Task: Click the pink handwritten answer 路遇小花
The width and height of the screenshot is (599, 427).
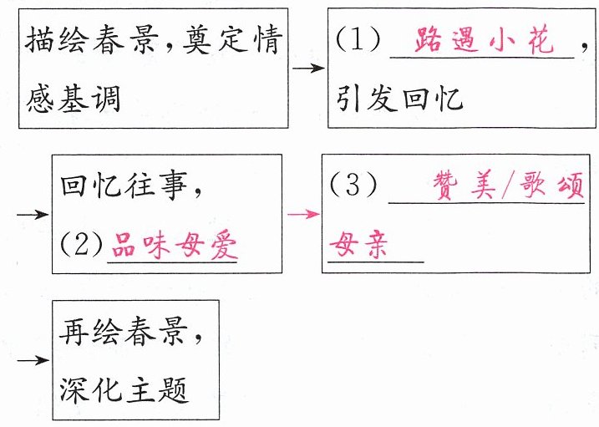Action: point(484,41)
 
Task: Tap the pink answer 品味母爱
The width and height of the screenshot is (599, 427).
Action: point(173,247)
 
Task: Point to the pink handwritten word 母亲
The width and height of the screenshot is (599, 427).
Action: point(358,246)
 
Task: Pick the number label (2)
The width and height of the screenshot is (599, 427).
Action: point(81,247)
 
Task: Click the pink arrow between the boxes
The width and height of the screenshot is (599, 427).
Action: point(302,214)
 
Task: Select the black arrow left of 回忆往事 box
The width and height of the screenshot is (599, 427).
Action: point(33,215)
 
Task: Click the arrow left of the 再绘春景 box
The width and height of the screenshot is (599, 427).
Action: point(33,360)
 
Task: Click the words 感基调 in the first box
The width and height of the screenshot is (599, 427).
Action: point(74,99)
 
